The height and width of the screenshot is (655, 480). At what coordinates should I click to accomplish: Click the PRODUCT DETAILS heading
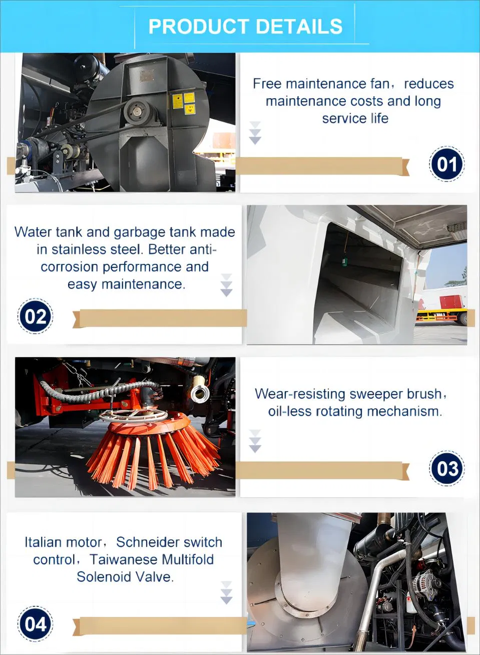(245, 27)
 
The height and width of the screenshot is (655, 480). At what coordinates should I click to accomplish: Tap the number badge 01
(446, 164)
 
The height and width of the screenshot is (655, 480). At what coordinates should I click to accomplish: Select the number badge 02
(36, 316)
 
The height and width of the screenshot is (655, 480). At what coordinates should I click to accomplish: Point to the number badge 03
(446, 468)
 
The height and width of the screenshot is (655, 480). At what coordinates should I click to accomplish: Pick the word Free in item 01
(267, 84)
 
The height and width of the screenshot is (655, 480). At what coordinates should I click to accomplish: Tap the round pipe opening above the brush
(200, 392)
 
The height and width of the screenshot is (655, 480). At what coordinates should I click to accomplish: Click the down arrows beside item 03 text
(255, 441)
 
